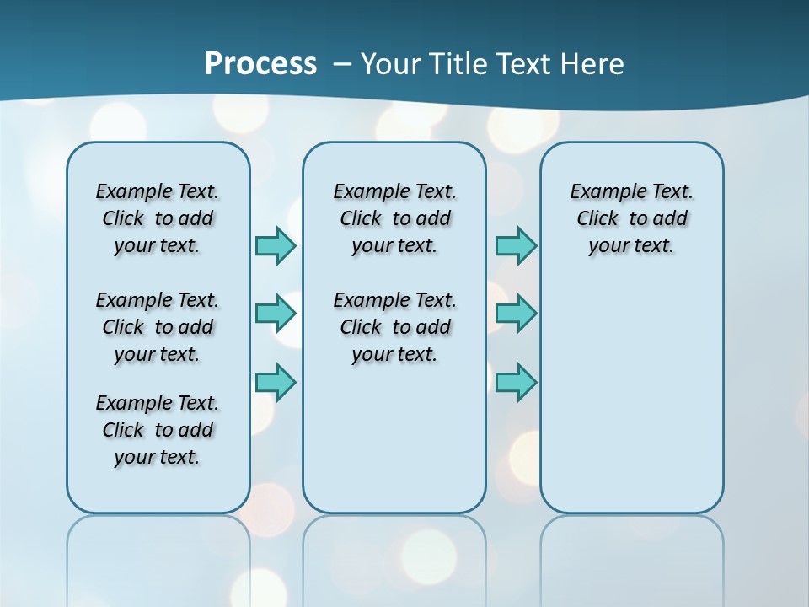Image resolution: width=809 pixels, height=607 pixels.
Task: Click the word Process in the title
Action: pyautogui.click(x=260, y=64)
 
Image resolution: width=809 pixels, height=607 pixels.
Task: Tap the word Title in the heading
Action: pyautogui.click(x=461, y=64)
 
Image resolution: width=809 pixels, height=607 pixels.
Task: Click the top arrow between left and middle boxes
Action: pyautogui.click(x=276, y=245)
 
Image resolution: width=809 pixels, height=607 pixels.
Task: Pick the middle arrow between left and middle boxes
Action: pyautogui.click(x=276, y=314)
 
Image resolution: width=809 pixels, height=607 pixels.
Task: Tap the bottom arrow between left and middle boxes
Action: pyautogui.click(x=276, y=382)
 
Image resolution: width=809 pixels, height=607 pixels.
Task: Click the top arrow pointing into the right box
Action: pyautogui.click(x=516, y=245)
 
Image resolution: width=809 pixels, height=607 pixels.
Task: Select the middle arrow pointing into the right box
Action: pyautogui.click(x=516, y=314)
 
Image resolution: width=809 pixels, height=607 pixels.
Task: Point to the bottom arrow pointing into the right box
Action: pyautogui.click(x=516, y=382)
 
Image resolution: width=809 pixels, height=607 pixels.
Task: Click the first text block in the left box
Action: pyautogui.click(x=158, y=218)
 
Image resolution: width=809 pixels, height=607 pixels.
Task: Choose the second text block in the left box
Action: pyautogui.click(x=158, y=327)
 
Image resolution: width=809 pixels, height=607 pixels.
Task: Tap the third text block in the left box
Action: pyautogui.click(x=158, y=430)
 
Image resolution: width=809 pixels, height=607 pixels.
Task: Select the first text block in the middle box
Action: pyautogui.click(x=394, y=218)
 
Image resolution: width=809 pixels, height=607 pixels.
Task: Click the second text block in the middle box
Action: pyautogui.click(x=394, y=327)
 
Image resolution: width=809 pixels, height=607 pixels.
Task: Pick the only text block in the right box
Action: pyautogui.click(x=631, y=218)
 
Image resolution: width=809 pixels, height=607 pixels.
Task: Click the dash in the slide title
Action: pyautogui.click(x=342, y=64)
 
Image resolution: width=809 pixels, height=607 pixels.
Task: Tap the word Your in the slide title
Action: pyautogui.click(x=392, y=64)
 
